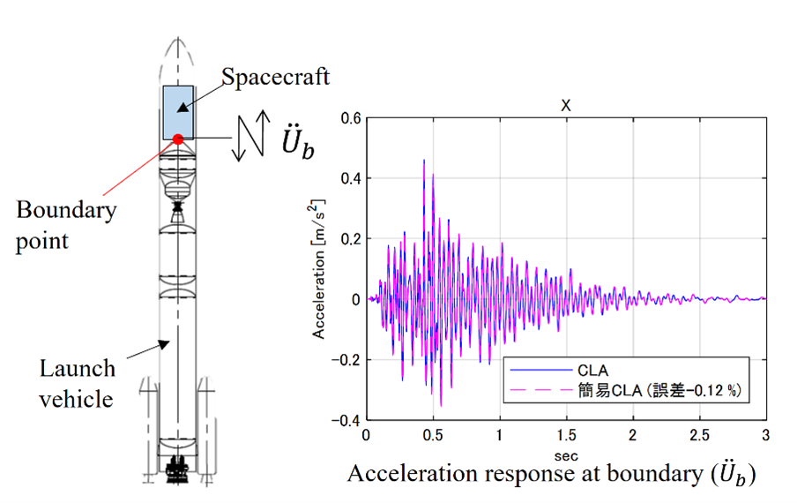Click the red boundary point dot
click(178, 139)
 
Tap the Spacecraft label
click(275, 78)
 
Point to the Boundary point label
click(66, 224)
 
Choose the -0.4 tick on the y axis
click(349, 420)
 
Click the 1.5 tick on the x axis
click(566, 436)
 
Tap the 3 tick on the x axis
click(765, 436)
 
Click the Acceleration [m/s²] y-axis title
click(320, 268)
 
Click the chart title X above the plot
click(566, 105)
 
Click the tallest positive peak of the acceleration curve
click(424, 161)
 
